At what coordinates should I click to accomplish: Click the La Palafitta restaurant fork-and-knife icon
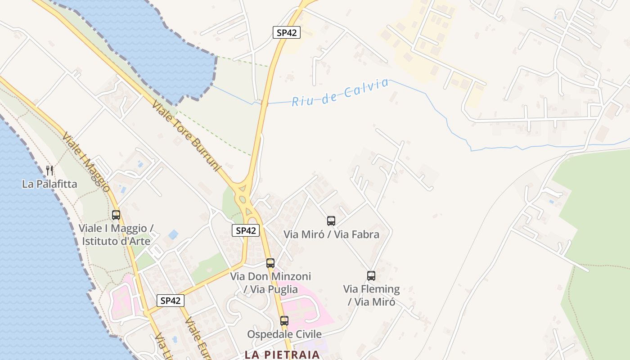coord(49,171)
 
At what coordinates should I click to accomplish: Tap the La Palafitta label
coord(49,184)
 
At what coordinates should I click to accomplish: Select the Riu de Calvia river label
coord(340,92)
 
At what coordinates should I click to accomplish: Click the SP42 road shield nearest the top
coord(287,32)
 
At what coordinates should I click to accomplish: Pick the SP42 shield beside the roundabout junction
coord(246,230)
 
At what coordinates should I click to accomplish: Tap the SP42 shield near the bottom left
coord(171,301)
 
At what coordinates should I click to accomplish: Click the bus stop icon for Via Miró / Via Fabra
coord(331,220)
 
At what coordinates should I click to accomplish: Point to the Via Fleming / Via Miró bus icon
coord(371,275)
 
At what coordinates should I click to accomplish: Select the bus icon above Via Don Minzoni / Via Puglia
coord(270,263)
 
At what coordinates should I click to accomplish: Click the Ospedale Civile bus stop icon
coord(284,320)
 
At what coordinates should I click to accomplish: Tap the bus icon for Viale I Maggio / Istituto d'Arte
coord(116,215)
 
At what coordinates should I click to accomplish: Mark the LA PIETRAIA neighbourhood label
coord(282,355)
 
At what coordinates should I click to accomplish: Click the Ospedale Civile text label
coord(284,334)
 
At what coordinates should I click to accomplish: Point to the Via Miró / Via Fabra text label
coord(331,234)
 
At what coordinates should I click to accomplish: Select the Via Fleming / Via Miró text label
coord(371,295)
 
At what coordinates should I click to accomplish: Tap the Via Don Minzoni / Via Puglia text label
coord(270,283)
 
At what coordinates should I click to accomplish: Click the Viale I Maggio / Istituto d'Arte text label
coord(116,234)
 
